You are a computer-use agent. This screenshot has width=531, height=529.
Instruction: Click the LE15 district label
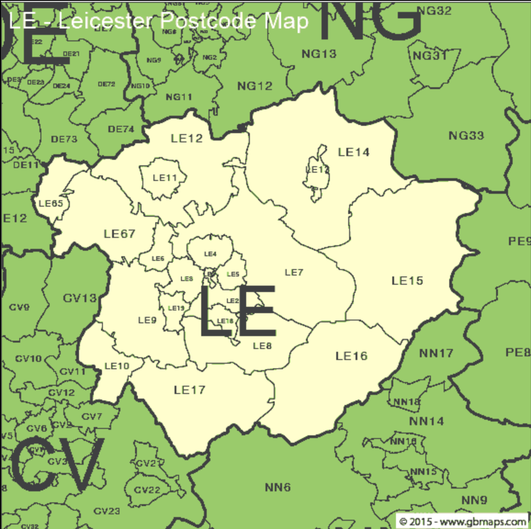coord(407,281)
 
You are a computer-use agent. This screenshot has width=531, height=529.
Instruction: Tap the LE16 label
coord(351,356)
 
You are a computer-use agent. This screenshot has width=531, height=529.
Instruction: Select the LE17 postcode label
coord(189,390)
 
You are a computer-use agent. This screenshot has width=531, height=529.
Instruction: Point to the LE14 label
coord(353,152)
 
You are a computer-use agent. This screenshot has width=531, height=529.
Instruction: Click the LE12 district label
coord(186,138)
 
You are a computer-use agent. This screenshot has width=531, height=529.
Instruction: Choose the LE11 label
coord(164,178)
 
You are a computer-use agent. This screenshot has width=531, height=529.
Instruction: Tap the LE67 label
coord(119,234)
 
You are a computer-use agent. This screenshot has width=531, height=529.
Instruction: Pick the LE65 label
coord(51,203)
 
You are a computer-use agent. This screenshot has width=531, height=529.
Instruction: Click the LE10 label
coord(117,366)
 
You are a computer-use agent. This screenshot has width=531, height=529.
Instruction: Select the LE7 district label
coord(294,272)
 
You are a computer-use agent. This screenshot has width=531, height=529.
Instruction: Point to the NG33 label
coord(466,135)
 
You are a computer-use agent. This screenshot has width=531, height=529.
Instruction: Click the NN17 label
coord(436,353)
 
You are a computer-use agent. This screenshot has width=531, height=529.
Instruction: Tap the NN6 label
coord(277,487)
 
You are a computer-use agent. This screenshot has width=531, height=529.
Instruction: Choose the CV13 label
coord(79,298)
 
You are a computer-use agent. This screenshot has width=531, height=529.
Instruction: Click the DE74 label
coord(121,129)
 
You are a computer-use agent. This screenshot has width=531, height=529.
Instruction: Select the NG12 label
coord(254,86)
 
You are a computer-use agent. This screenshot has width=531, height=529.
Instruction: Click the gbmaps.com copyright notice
coord(463,522)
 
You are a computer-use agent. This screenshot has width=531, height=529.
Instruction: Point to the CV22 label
coord(147,490)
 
